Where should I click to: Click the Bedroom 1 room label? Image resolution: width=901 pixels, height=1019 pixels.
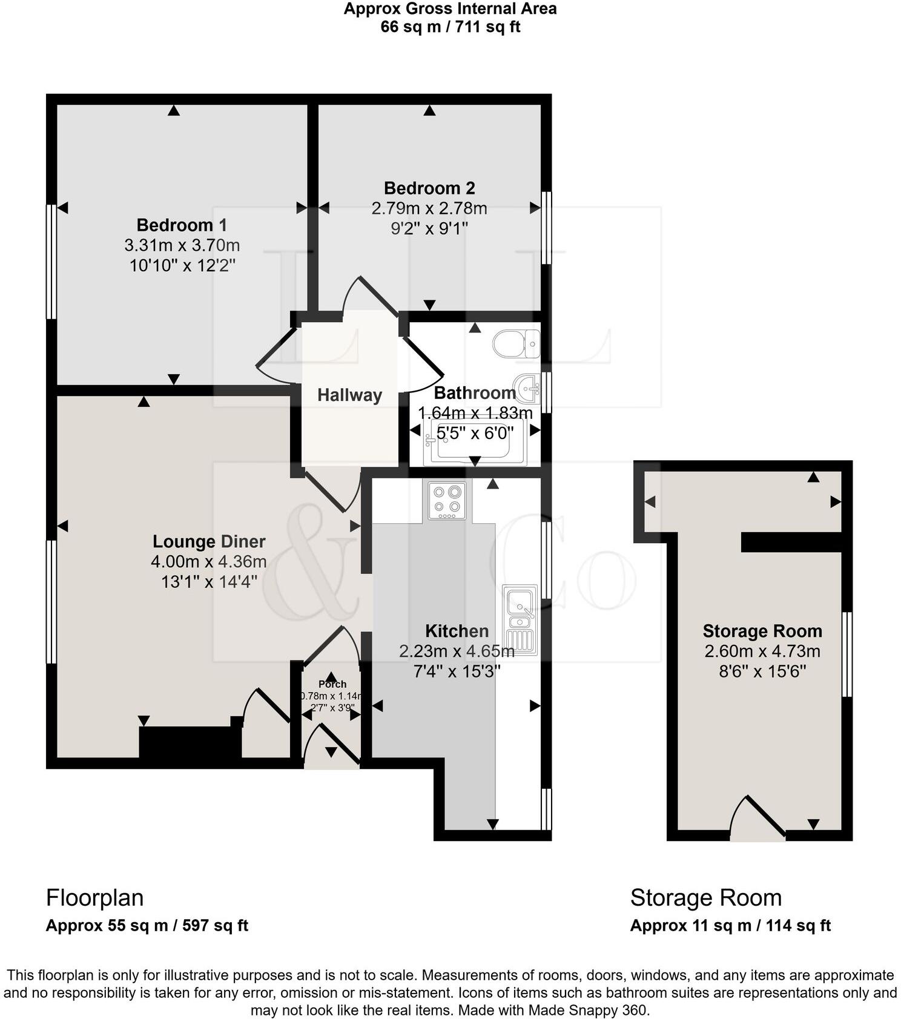pyautogui.click(x=182, y=225)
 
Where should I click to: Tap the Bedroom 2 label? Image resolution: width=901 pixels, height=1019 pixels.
pyautogui.click(x=429, y=188)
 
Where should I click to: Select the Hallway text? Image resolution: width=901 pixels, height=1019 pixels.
pyautogui.click(x=349, y=395)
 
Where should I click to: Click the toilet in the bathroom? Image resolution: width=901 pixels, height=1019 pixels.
pyautogui.click(x=517, y=344)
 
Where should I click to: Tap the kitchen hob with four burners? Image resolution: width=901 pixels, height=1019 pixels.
pyautogui.click(x=447, y=501)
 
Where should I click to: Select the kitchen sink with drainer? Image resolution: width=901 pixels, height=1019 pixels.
pyautogui.click(x=520, y=619)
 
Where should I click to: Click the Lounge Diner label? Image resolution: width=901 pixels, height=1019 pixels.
pyautogui.click(x=209, y=541)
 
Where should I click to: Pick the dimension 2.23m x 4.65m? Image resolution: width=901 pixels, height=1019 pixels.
pyautogui.click(x=457, y=651)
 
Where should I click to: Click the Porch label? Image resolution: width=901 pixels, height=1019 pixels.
pyautogui.click(x=332, y=684)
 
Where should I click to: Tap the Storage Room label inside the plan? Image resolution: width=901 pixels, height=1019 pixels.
pyautogui.click(x=762, y=632)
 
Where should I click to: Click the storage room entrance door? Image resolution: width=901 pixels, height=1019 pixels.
pyautogui.click(x=757, y=820)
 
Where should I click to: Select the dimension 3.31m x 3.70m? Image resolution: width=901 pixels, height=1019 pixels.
pyautogui.click(x=182, y=245)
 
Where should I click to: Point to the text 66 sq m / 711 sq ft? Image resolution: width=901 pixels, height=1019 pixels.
pyautogui.click(x=450, y=27)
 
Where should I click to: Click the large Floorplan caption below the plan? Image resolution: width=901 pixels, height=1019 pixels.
pyautogui.click(x=95, y=897)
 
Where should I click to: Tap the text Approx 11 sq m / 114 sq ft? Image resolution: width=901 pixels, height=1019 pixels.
pyautogui.click(x=730, y=926)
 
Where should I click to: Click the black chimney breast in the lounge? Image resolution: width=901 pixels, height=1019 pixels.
pyautogui.click(x=190, y=742)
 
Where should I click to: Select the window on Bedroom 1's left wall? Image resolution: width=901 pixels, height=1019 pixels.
pyautogui.click(x=51, y=262)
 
